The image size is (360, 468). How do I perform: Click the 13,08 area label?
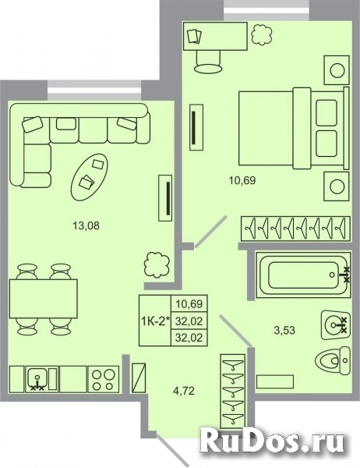click(x=86, y=226)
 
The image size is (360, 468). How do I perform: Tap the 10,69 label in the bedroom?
click(x=242, y=180)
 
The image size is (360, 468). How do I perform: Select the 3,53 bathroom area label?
click(x=284, y=330)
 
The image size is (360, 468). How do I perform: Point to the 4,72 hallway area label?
click(x=184, y=391)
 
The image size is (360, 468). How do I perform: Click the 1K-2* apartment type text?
click(x=155, y=321)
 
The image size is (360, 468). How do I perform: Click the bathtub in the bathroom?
click(x=303, y=275)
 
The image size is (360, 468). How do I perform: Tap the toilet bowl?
click(x=332, y=360)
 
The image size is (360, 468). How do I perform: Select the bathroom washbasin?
click(x=335, y=324)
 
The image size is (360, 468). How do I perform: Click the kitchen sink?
click(x=37, y=379)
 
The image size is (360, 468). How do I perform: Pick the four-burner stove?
click(x=102, y=379)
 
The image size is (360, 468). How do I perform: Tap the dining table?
click(x=44, y=298)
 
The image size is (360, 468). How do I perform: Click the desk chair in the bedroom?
click(x=208, y=61)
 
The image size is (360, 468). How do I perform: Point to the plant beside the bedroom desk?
click(x=262, y=34)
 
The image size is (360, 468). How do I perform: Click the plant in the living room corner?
click(x=157, y=264)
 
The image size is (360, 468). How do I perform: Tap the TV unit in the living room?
click(x=165, y=198)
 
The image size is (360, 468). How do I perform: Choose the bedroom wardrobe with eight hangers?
click(x=295, y=228)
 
